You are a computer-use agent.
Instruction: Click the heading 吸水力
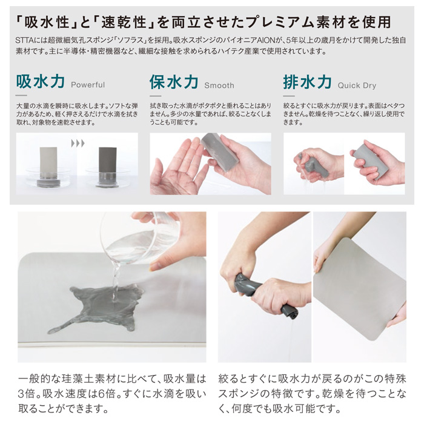(41, 81)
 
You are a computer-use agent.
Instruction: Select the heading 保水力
(174, 82)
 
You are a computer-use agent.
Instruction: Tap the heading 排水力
(308, 82)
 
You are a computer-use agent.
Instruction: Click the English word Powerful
(88, 85)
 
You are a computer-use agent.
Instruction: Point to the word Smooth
(219, 85)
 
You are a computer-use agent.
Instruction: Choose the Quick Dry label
(357, 86)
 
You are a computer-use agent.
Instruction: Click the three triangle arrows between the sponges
(78, 143)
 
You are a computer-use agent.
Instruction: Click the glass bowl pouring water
(141, 238)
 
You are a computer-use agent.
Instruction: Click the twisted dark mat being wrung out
(267, 296)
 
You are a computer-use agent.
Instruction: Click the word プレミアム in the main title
(285, 22)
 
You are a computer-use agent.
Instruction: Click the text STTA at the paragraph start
(24, 41)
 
